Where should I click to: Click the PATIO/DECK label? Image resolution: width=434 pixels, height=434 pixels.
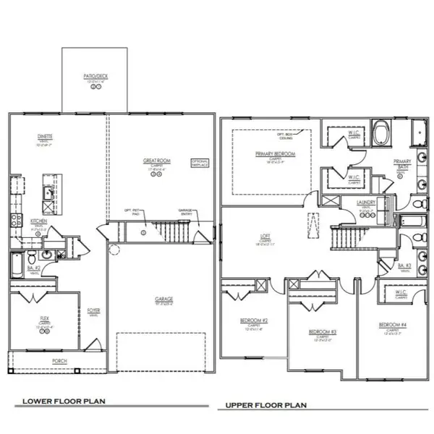pos(95,75)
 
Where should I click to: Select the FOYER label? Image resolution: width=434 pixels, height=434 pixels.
pos(93,311)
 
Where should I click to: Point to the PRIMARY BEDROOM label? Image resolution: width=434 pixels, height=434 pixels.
pos(272,154)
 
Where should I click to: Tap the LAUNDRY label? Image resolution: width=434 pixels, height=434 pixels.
pos(366,205)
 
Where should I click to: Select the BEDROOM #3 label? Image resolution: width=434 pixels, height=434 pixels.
pos(318,332)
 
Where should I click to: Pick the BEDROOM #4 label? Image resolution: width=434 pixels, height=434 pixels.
pos(389,325)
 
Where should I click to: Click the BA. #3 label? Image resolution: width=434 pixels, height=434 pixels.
pos(406,266)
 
